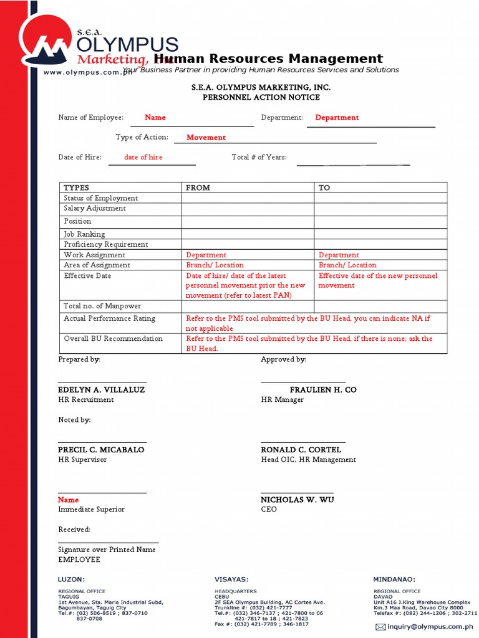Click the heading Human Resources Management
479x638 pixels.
click(x=268, y=59)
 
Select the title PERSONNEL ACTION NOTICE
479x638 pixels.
click(x=261, y=97)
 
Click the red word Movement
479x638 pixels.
click(x=206, y=138)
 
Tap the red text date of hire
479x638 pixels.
click(x=143, y=158)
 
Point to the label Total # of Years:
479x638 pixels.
click(x=259, y=158)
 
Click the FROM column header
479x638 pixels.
click(x=198, y=188)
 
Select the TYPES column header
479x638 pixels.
click(x=77, y=188)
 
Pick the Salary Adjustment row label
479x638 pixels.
click(x=95, y=208)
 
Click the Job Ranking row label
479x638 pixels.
click(x=84, y=234)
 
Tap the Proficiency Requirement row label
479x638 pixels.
click(x=106, y=244)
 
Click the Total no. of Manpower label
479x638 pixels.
click(x=102, y=306)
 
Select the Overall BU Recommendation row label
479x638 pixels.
click(x=113, y=339)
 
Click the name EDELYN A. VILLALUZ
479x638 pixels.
click(x=101, y=389)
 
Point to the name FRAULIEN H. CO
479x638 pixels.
click(x=323, y=389)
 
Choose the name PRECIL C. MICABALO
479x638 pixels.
click(x=101, y=449)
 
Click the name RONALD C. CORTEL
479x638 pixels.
click(x=301, y=449)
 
